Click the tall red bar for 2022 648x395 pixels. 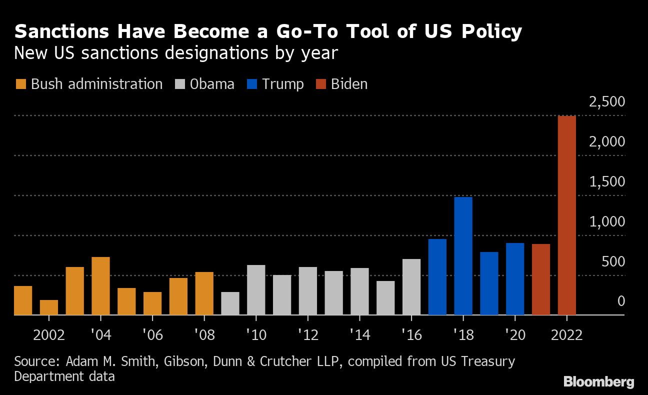pos(566,215)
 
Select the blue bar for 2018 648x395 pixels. pos(463,256)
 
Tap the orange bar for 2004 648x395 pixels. pos(100,286)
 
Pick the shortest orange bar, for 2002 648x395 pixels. pos(49,307)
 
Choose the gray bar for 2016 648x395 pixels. pos(411,287)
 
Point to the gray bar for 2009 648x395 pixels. pos(230,303)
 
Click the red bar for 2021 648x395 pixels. pos(540,279)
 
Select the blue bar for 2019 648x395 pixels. pos(489,283)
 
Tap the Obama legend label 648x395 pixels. pos(212,84)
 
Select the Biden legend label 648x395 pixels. pos(349,84)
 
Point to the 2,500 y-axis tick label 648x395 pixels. pos(607,102)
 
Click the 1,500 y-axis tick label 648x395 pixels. pos(607,182)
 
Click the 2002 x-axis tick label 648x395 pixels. pos(49,334)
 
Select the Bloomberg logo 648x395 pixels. pos(599,382)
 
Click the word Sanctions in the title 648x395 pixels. pos(61,32)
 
